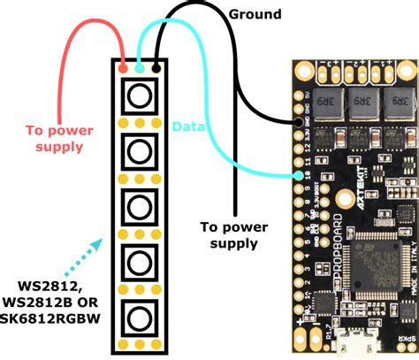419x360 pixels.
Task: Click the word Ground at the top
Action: [255, 14]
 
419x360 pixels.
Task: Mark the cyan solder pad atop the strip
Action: [141, 66]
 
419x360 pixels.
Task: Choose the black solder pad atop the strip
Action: [156, 66]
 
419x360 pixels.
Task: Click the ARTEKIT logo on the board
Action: [341, 181]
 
